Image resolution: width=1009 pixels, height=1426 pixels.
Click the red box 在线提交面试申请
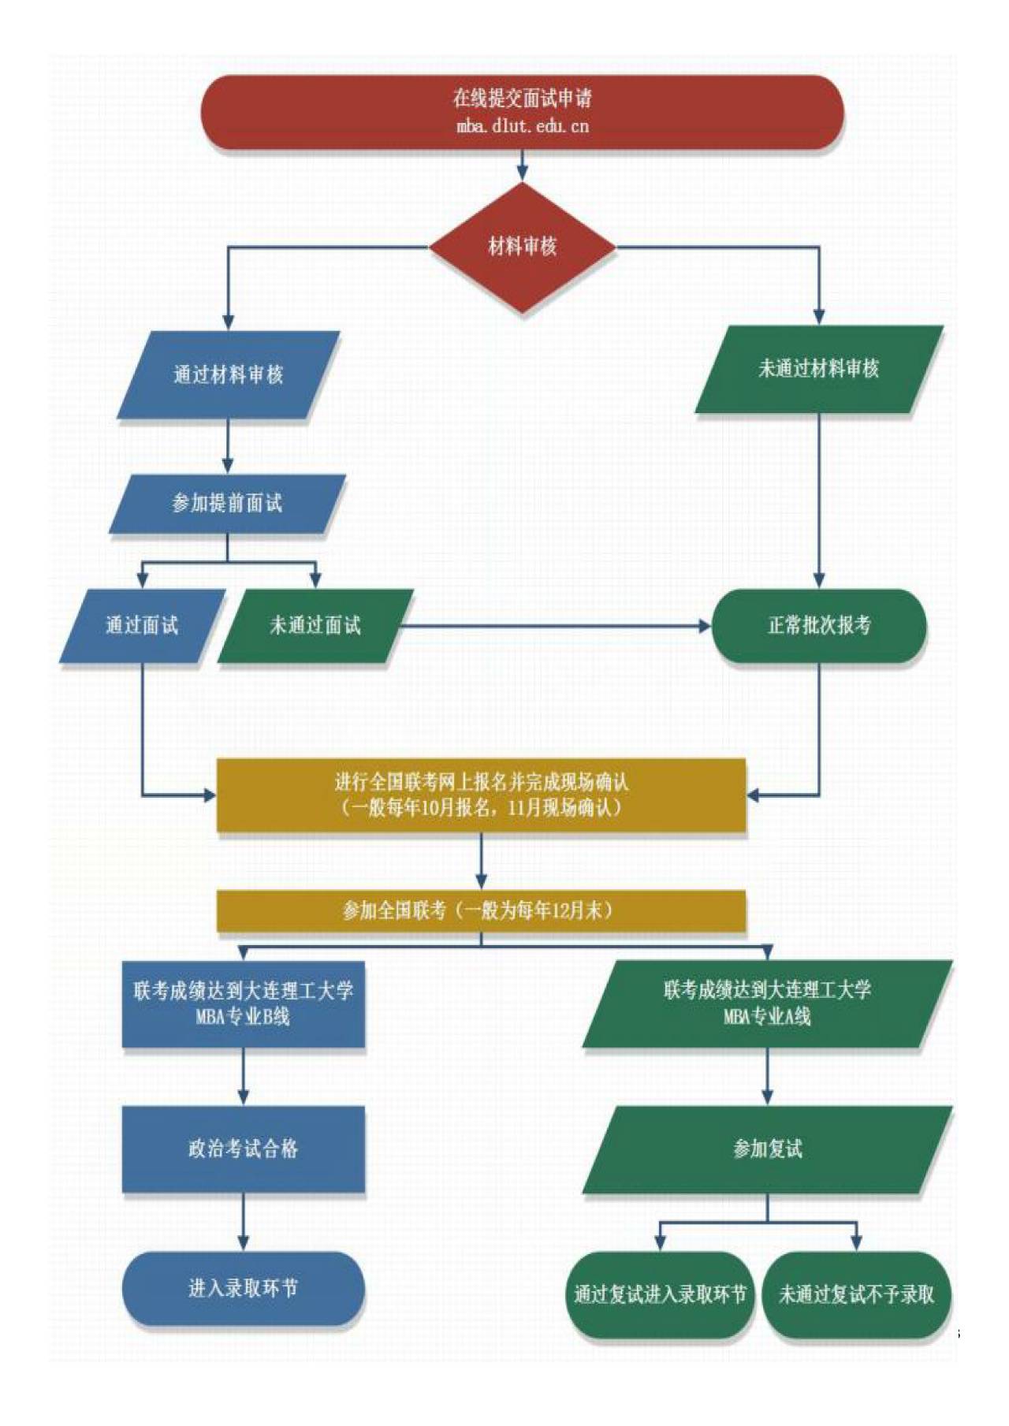pyautogui.click(x=522, y=99)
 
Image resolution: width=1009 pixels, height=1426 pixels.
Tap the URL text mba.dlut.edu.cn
pyautogui.click(x=522, y=126)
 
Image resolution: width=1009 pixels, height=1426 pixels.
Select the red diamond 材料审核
pyautogui.click(x=522, y=247)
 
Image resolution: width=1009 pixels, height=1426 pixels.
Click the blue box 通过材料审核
pyautogui.click(x=228, y=374)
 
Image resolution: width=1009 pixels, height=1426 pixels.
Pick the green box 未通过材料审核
pyautogui.click(x=818, y=369)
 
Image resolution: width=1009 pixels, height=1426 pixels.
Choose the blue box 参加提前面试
pyautogui.click(x=227, y=504)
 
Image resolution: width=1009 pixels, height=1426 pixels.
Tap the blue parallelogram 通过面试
pyautogui.click(x=142, y=626)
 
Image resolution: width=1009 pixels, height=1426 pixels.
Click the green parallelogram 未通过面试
pyautogui.click(x=315, y=626)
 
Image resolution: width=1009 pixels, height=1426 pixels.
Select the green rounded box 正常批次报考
pyautogui.click(x=818, y=626)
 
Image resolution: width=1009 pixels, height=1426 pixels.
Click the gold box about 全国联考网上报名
pyautogui.click(x=481, y=795)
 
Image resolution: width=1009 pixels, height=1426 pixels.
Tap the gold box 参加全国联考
pyautogui.click(x=481, y=910)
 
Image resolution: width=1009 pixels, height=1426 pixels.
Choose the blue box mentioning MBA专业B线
pyautogui.click(x=243, y=1003)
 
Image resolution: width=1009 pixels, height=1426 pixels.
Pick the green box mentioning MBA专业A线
pyautogui.click(x=767, y=1003)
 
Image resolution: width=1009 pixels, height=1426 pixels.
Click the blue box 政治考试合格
pyautogui.click(x=243, y=1149)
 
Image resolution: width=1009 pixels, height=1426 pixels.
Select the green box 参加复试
pyautogui.click(x=767, y=1149)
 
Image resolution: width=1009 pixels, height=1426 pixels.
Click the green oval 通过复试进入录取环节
pyautogui.click(x=660, y=1294)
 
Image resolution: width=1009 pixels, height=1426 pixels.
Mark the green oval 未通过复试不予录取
pyautogui.click(x=856, y=1294)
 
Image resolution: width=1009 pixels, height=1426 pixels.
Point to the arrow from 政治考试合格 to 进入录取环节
pyautogui.click(x=243, y=1221)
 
